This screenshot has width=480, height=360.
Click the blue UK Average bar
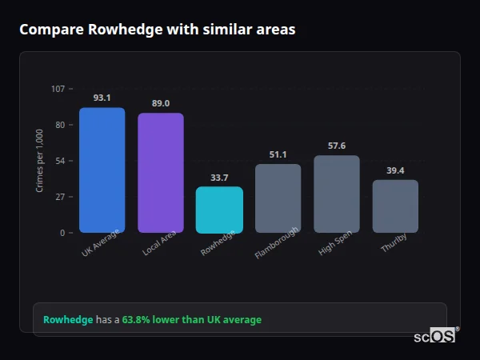[x=102, y=170]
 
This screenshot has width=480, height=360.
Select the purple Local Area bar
[x=160, y=173]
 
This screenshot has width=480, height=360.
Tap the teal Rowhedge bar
[x=219, y=210]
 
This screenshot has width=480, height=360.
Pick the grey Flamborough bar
[x=278, y=198]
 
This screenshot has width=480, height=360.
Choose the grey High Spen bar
[x=336, y=194]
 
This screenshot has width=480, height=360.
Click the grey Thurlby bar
[x=395, y=206]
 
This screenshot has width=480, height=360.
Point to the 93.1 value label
[x=102, y=98]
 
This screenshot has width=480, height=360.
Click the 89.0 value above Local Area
[x=160, y=103]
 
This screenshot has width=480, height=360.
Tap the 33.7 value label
[x=219, y=178]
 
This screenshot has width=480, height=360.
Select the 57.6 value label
[x=336, y=146]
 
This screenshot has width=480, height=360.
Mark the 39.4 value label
[x=395, y=170]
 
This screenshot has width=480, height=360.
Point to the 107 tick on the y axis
[x=58, y=89]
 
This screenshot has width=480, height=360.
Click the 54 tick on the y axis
[x=60, y=161]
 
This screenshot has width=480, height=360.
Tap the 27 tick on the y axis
[x=60, y=197]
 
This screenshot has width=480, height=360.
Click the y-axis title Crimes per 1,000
[x=40, y=160]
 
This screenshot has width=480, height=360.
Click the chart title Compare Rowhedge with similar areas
[x=158, y=30]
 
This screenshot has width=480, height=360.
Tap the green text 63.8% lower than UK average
[x=191, y=319]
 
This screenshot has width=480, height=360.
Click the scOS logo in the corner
[x=434, y=336]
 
